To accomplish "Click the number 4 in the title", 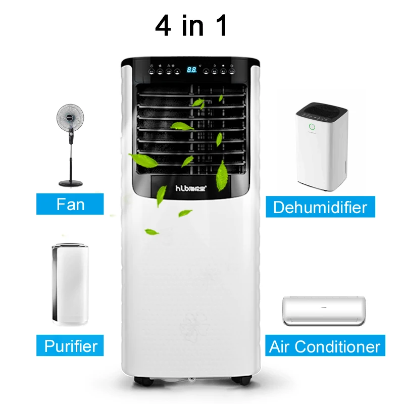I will coord(163,26).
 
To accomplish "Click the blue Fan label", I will coord(70,205).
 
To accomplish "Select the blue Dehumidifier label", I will coord(320,207).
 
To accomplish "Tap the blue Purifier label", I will coord(71,346).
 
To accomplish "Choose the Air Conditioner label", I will coord(325,346).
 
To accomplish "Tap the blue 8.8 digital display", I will coord(192,70).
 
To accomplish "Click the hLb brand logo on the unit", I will coord(191,188).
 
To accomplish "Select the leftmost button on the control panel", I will coord(150,72).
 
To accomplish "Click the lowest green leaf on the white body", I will coord(151,232).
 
